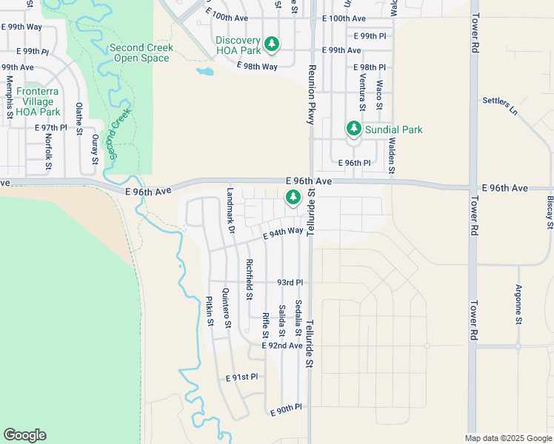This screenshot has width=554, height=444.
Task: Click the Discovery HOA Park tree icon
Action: (273, 44)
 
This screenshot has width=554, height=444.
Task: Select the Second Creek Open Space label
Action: (141, 53)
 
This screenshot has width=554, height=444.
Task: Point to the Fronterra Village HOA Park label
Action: (39, 101)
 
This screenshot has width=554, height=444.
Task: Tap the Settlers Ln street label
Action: (500, 105)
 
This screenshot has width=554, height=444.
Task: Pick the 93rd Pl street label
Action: (290, 283)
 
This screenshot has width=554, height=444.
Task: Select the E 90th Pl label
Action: (286, 408)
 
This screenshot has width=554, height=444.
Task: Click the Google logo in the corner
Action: (24, 435)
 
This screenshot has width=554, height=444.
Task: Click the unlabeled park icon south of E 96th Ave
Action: (293, 197)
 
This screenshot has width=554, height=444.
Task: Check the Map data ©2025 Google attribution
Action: (507, 438)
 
